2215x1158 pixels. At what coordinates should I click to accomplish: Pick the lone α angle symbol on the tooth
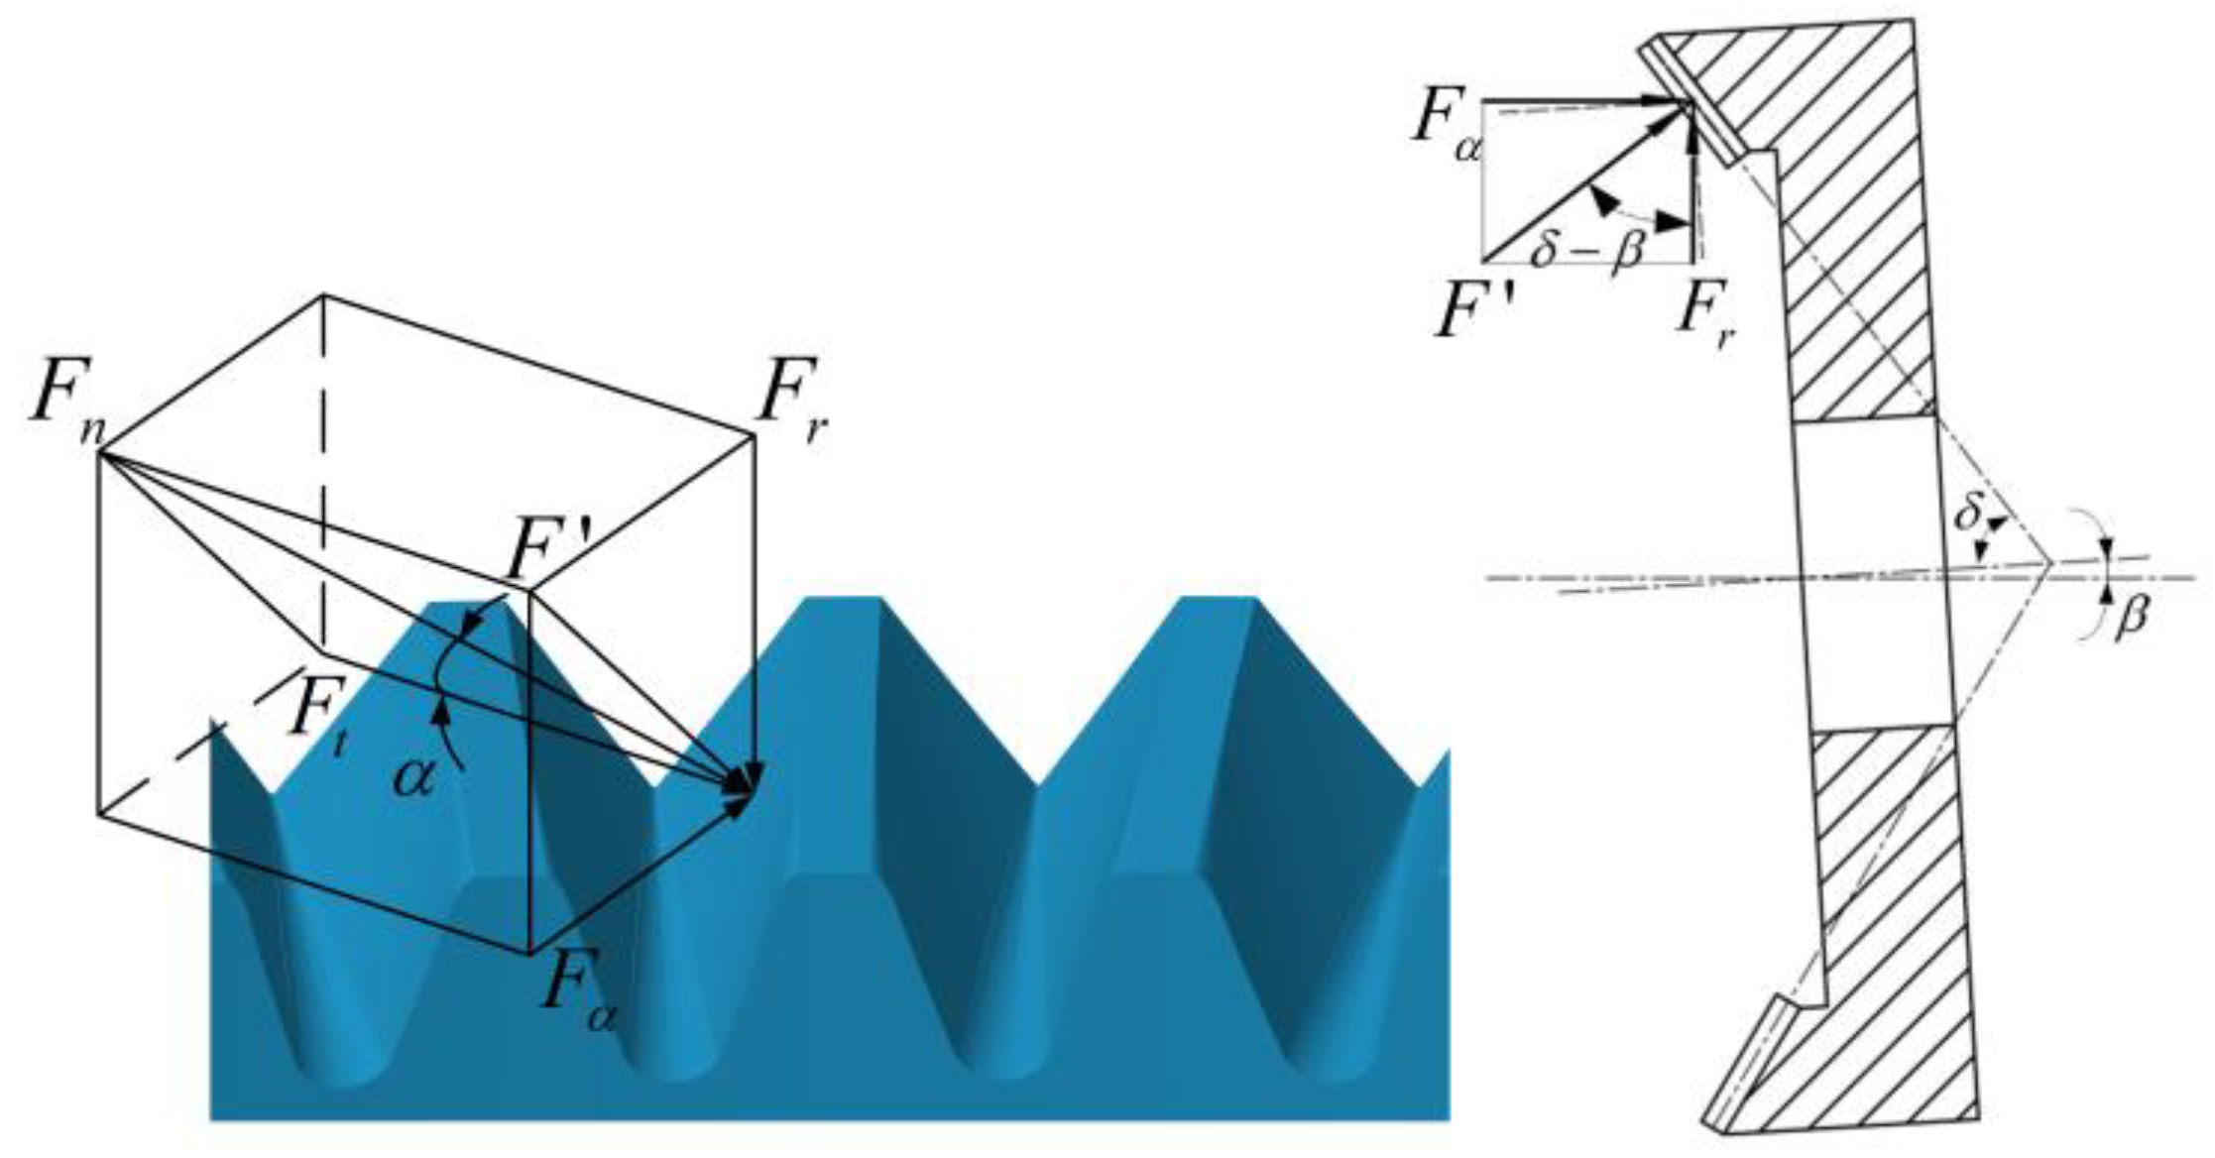point(414,778)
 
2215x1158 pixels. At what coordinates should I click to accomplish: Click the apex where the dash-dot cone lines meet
point(2048,564)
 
